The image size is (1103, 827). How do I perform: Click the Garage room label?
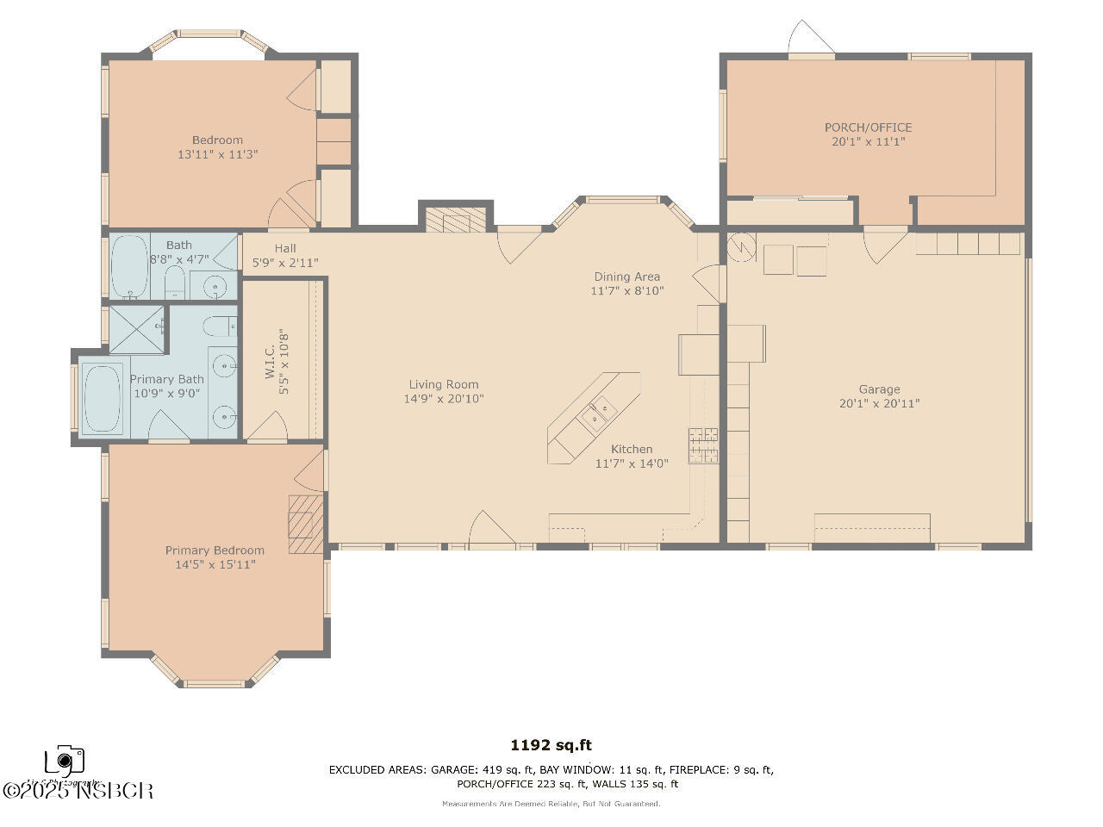[x=879, y=389]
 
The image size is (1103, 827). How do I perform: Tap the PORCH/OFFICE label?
[x=868, y=127]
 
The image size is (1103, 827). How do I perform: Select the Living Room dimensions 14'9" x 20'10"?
[x=444, y=399]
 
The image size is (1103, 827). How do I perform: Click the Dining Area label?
[x=626, y=277]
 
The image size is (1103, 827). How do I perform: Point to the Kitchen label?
[x=632, y=449]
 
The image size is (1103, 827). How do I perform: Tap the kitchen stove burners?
[x=703, y=445]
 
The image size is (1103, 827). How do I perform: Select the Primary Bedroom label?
[x=215, y=550]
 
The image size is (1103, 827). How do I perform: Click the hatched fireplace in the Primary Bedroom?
[x=306, y=524]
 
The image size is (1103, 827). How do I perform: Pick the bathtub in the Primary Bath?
[x=103, y=399]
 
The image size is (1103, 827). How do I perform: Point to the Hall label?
[x=285, y=248]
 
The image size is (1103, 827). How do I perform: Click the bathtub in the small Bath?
[x=129, y=266]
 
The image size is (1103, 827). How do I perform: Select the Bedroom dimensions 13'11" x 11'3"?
[x=218, y=154]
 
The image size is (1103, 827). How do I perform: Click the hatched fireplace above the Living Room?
[x=457, y=221]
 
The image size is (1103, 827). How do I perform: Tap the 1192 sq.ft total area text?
[x=551, y=746]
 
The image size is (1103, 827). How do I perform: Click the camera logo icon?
[x=65, y=761]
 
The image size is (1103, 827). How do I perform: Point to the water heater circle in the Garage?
[x=740, y=248]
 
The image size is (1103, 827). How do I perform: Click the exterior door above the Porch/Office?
[x=811, y=40]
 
